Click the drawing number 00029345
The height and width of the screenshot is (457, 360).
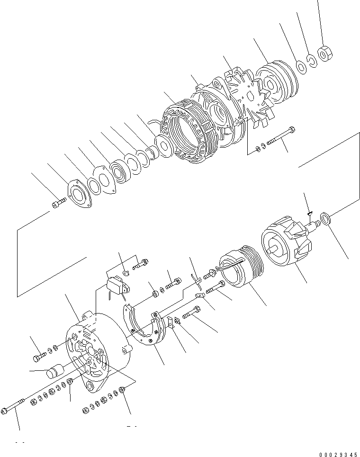point(338,454)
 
